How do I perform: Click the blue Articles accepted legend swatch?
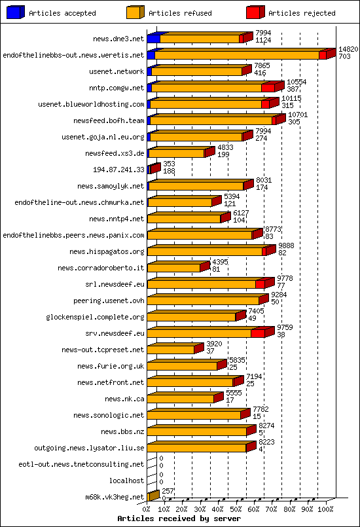15,12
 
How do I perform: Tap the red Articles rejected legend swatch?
255,12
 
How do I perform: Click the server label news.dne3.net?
118,39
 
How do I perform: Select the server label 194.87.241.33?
118,170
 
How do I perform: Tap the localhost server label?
126,481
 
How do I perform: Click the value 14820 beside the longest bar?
348,50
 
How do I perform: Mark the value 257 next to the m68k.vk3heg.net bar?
168,491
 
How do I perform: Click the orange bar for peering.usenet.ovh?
203,301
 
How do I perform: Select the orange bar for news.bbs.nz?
196,432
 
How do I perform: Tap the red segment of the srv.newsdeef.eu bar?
257,334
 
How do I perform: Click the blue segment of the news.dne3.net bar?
153,39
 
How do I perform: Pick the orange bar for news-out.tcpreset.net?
171,350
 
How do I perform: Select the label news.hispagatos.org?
109,251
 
